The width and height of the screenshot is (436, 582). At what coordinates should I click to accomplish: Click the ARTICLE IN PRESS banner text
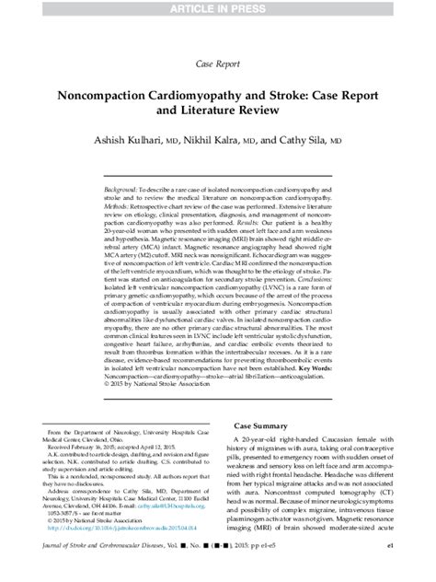[x=218, y=9]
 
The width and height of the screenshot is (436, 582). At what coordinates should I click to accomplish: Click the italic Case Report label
[x=218, y=64]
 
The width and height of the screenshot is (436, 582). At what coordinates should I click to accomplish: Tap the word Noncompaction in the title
[x=128, y=94]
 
